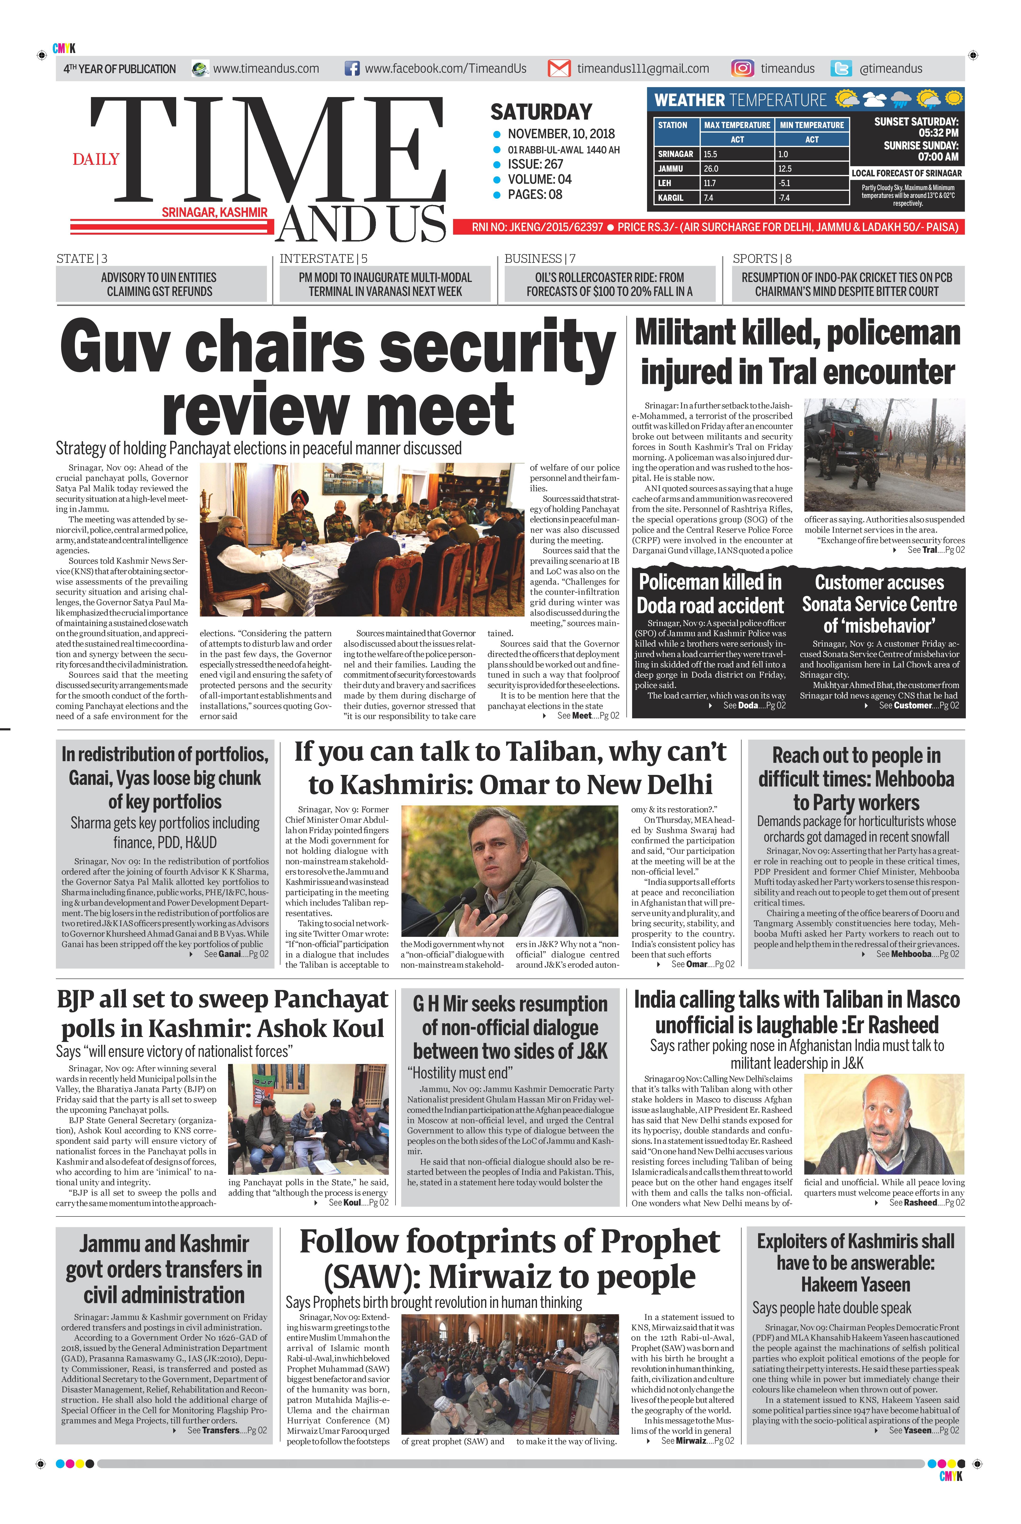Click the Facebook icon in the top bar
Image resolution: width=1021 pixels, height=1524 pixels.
click(x=352, y=68)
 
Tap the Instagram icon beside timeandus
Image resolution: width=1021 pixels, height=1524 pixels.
click(x=742, y=68)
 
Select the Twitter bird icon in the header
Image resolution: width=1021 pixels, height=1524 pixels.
click(x=841, y=68)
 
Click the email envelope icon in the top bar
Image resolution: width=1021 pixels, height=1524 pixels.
click(x=559, y=68)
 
